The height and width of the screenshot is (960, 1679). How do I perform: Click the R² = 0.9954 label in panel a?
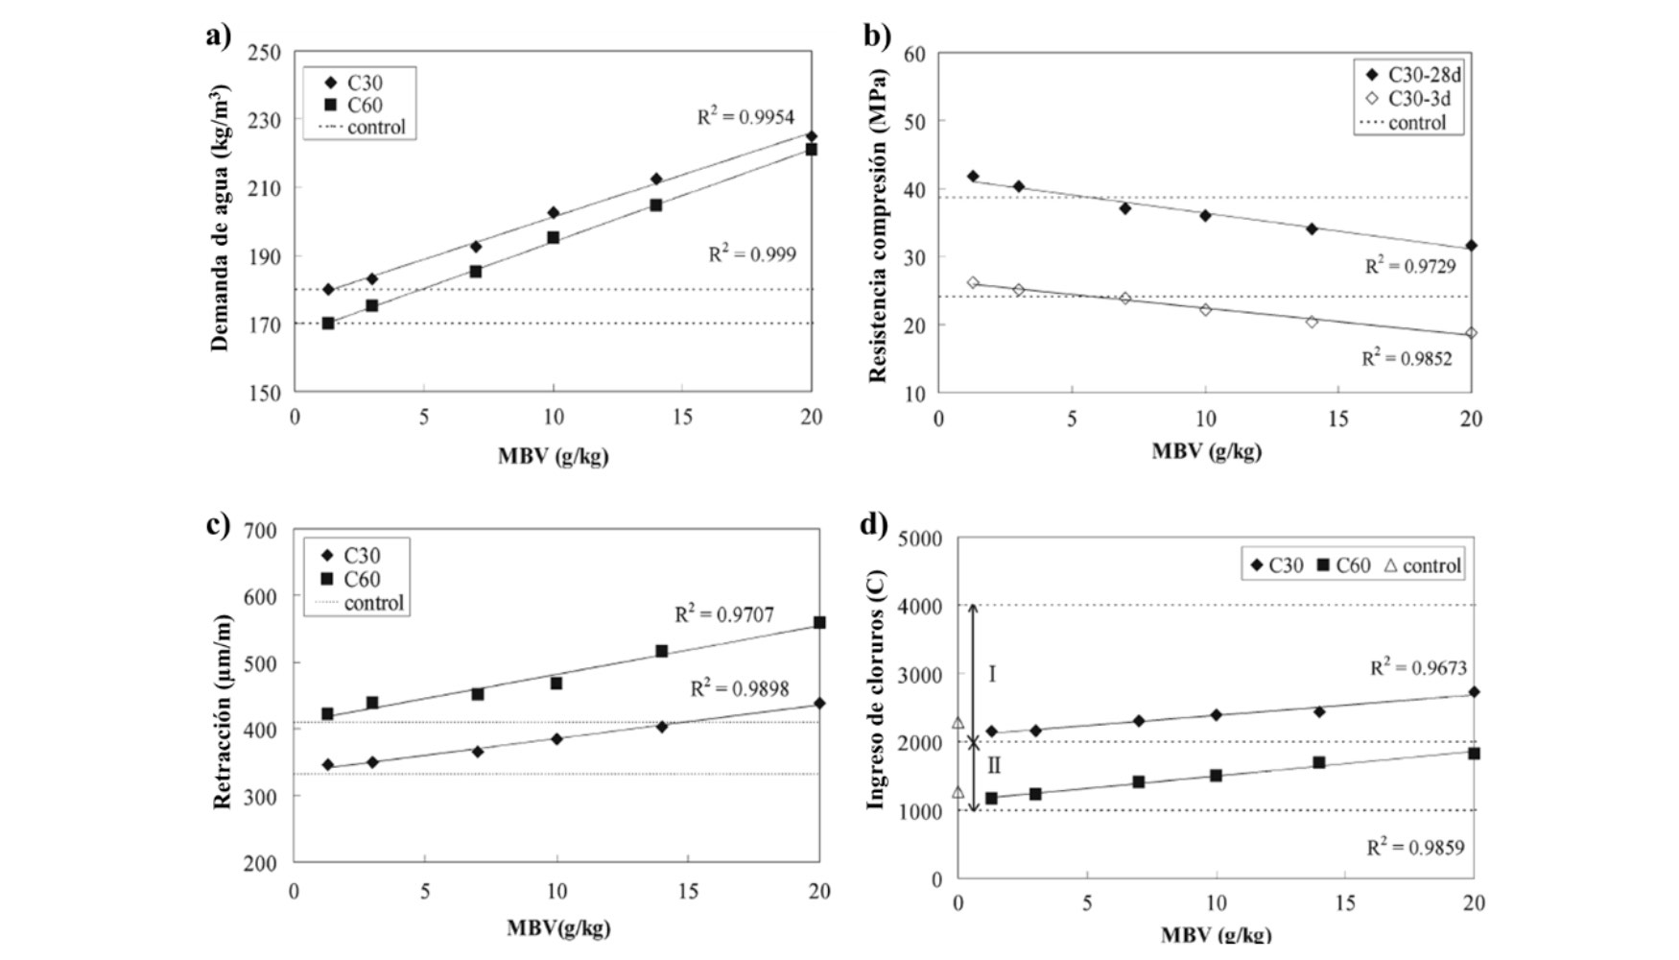coord(745,117)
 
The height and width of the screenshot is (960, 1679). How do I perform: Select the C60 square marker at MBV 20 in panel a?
coord(811,149)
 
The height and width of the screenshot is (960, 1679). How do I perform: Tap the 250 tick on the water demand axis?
coord(265,53)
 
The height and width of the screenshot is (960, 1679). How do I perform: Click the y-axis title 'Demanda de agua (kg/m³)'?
coord(220,219)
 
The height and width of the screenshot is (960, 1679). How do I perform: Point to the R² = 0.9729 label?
coord(1410,266)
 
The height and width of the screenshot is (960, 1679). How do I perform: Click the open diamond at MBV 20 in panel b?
coord(1471,333)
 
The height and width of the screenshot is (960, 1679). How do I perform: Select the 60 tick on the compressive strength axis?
coord(914,55)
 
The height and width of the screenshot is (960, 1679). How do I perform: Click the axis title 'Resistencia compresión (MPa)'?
coord(878,226)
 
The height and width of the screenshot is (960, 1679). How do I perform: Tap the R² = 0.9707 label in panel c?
coord(723,614)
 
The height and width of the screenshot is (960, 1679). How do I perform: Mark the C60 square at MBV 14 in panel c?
coord(661,651)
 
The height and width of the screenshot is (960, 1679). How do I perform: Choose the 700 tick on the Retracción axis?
coord(260,530)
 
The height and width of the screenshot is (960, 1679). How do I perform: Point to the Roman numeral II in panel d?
coord(994,766)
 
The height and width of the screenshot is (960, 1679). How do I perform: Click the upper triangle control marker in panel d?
coord(958,723)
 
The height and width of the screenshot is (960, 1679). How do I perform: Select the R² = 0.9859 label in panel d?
coord(1415,848)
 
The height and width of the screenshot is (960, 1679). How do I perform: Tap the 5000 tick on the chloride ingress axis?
coord(920,539)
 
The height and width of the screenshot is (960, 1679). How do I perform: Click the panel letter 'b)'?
coord(877,36)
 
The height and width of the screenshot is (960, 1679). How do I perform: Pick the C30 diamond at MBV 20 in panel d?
coord(1474,691)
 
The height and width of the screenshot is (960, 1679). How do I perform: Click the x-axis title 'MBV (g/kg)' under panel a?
coord(553,455)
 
